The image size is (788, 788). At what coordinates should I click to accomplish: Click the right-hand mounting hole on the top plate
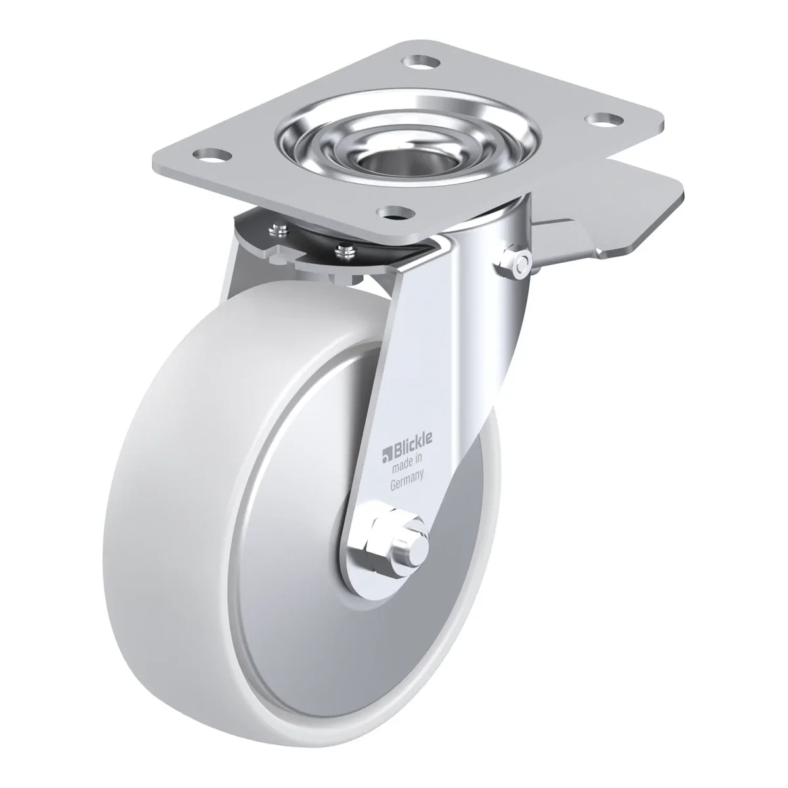604,120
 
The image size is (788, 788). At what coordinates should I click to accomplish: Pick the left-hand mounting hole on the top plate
211,155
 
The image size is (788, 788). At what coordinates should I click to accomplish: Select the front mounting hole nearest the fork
395,212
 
